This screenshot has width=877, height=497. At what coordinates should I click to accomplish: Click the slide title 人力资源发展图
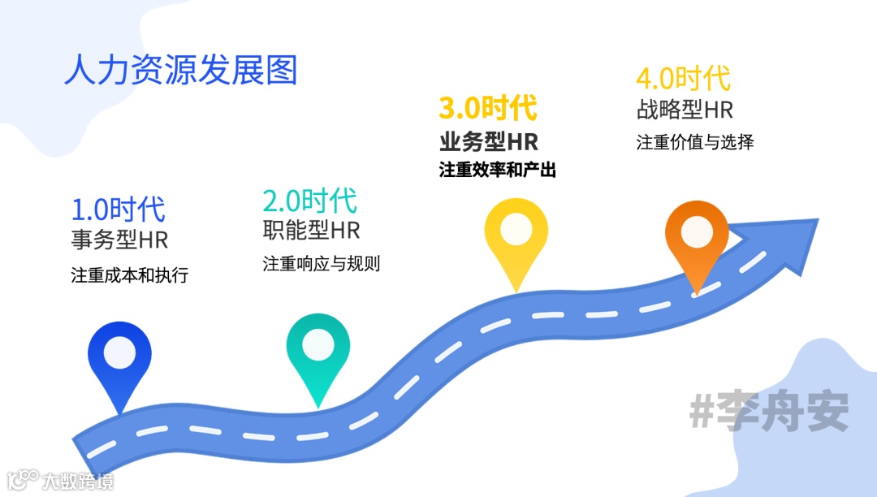coord(180,70)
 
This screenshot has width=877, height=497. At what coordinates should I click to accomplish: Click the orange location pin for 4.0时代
coord(696,237)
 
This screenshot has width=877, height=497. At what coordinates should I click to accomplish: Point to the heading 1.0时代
coord(119,210)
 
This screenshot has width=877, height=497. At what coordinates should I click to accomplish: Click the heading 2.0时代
coord(309,200)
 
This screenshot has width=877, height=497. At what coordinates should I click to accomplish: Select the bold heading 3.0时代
coord(488,107)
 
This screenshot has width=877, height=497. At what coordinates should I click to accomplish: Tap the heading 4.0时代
coord(683,79)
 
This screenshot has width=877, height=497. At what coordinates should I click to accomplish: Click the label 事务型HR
coord(120,240)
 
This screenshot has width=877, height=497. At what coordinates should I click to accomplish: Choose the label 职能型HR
coord(311,231)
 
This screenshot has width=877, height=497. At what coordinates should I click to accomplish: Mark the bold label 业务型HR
coord(489,141)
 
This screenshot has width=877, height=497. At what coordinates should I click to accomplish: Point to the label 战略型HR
coord(685,110)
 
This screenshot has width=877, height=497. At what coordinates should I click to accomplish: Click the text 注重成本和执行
coord(130,275)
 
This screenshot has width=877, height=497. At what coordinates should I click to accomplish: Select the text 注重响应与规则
coord(322,264)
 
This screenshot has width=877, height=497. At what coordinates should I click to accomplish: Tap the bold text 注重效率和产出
coord(498,171)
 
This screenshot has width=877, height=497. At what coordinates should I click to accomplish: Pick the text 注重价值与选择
coord(695,142)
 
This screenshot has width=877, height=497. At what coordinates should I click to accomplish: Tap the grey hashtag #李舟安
coord(769,413)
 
